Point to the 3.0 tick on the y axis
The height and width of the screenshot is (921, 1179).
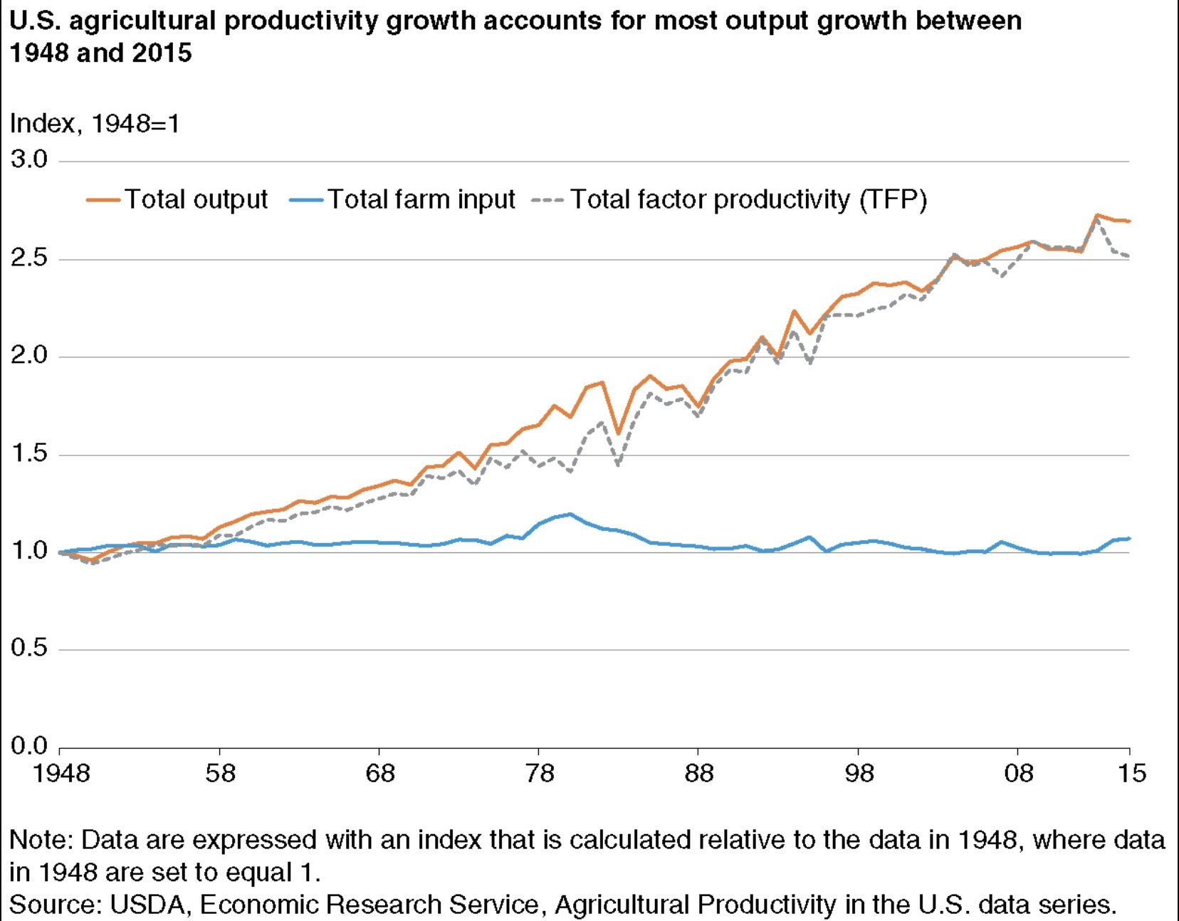pyautogui.click(x=29, y=159)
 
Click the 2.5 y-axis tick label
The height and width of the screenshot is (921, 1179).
pyautogui.click(x=29, y=258)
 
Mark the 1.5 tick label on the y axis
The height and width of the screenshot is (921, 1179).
pyautogui.click(x=29, y=453)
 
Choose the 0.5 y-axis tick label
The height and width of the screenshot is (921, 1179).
pyautogui.click(x=29, y=648)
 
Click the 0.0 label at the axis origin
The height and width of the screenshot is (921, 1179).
pyautogui.click(x=29, y=746)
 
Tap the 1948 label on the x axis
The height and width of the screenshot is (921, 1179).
pyautogui.click(x=61, y=773)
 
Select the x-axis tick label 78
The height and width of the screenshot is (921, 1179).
pyautogui.click(x=539, y=773)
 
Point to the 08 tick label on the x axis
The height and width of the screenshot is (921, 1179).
pyautogui.click(x=1018, y=773)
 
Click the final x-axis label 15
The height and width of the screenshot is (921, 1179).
pyautogui.click(x=1131, y=773)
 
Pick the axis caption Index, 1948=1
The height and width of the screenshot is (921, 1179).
pyautogui.click(x=95, y=124)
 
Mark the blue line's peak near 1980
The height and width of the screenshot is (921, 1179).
pyautogui.click(x=570, y=514)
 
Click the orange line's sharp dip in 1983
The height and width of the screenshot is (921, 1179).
pyautogui.click(x=618, y=433)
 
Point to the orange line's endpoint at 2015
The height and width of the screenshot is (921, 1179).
pyautogui.click(x=1129, y=221)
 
